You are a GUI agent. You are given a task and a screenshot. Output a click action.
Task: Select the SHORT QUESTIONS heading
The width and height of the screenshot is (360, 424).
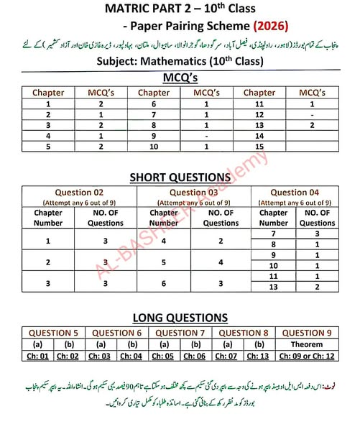pos(180,177)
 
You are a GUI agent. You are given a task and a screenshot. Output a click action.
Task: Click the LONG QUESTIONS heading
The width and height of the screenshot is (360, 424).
pos(180,317)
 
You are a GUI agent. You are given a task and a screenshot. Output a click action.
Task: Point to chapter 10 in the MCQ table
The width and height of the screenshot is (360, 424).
pos(154,146)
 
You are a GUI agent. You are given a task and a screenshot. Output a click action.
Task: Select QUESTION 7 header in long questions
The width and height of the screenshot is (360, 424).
pos(181,333)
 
